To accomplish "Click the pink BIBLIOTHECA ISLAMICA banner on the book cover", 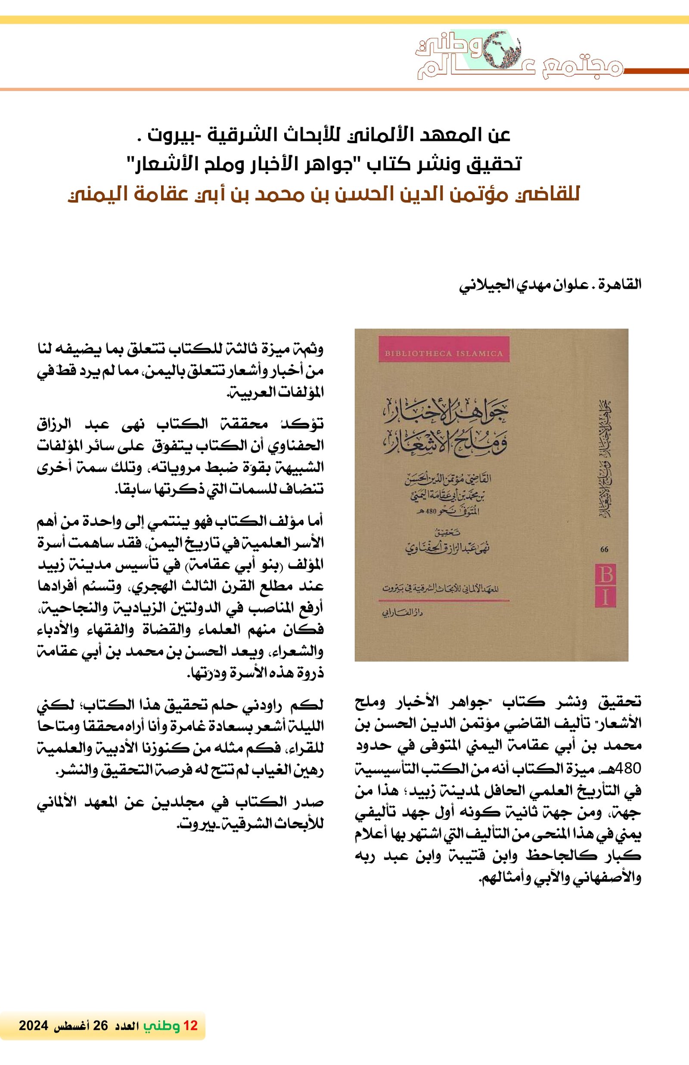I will tap(444, 353).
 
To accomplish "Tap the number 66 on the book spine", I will tap(605, 550).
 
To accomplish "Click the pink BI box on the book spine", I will tap(606, 585).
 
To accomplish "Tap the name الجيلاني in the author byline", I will tap(478, 285).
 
